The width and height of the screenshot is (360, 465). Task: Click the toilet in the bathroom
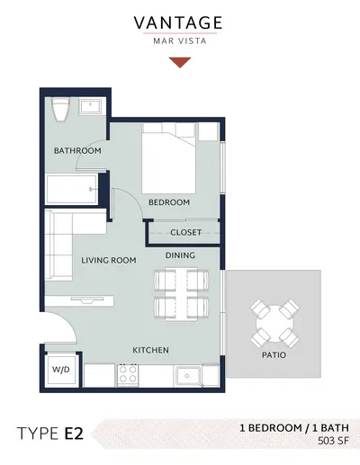60,110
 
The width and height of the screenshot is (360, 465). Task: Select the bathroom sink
90,107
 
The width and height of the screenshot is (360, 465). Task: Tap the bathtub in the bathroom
72,190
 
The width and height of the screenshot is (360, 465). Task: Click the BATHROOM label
77,150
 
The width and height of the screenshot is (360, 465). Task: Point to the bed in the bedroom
169,158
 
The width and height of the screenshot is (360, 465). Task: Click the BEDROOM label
169,202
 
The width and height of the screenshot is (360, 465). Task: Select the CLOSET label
185,232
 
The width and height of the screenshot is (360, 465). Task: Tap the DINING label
180,255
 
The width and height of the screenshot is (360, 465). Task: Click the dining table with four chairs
181,294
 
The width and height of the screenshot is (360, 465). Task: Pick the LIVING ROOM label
109,260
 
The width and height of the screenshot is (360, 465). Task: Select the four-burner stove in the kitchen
128,375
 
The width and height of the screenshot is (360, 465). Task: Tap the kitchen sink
188,375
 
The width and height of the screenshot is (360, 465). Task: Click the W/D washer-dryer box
61,370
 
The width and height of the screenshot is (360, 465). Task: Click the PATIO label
274,355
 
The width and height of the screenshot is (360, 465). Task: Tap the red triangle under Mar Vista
180,62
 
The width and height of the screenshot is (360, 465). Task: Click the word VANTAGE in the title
178,23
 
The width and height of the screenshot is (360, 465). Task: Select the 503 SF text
333,441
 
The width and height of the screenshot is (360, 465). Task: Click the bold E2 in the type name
74,434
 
